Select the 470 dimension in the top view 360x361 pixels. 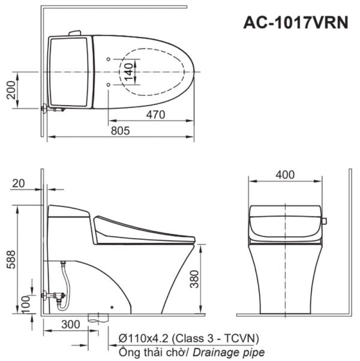pos(154,116)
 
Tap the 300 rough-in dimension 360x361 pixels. pos(70,324)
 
